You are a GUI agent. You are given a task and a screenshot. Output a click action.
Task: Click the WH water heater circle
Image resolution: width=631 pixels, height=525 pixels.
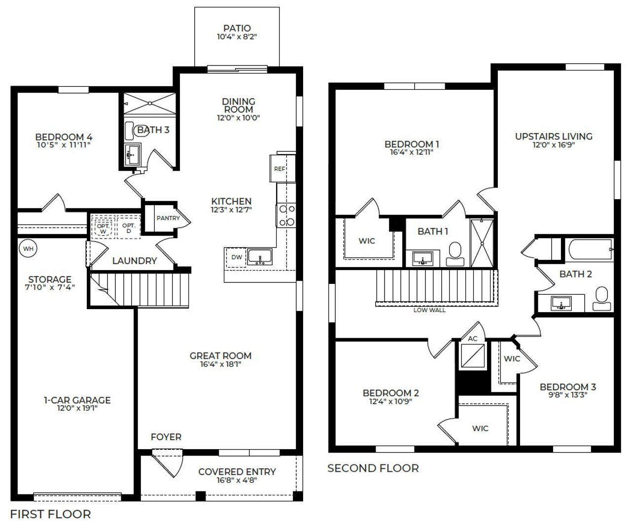point(28,248)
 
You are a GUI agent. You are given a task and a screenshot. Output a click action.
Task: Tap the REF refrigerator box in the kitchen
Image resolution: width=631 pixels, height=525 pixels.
point(280,169)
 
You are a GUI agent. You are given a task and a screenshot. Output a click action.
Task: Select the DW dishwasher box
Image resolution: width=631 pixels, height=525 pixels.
point(236,257)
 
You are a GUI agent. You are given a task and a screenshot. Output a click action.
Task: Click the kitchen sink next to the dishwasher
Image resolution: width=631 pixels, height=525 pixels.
point(260,257)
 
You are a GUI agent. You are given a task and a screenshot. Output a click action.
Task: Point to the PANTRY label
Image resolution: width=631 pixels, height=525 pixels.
point(168,218)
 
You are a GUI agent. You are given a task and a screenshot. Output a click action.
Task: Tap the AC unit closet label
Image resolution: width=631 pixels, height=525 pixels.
point(472,339)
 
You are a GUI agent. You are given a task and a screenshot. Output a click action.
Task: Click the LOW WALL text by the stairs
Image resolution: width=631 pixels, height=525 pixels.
point(429,310)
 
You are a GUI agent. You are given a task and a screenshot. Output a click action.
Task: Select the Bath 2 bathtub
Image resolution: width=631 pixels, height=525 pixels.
point(589,250)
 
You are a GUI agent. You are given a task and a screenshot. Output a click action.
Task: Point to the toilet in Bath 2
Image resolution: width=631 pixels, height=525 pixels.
point(602,298)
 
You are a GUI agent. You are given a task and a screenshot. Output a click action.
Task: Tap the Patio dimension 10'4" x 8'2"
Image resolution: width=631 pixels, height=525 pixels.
point(237,36)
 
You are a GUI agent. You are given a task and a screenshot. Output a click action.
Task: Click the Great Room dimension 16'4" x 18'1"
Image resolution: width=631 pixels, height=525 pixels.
point(220,364)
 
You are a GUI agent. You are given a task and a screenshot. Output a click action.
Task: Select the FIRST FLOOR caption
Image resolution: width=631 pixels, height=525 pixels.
point(50,514)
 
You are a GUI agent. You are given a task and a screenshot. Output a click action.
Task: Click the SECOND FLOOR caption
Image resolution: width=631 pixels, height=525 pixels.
point(373,468)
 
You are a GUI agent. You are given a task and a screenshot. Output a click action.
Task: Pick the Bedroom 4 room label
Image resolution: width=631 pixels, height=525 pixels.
point(64,137)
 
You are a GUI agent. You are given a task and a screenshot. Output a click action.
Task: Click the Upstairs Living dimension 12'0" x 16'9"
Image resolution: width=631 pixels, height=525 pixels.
point(553,145)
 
